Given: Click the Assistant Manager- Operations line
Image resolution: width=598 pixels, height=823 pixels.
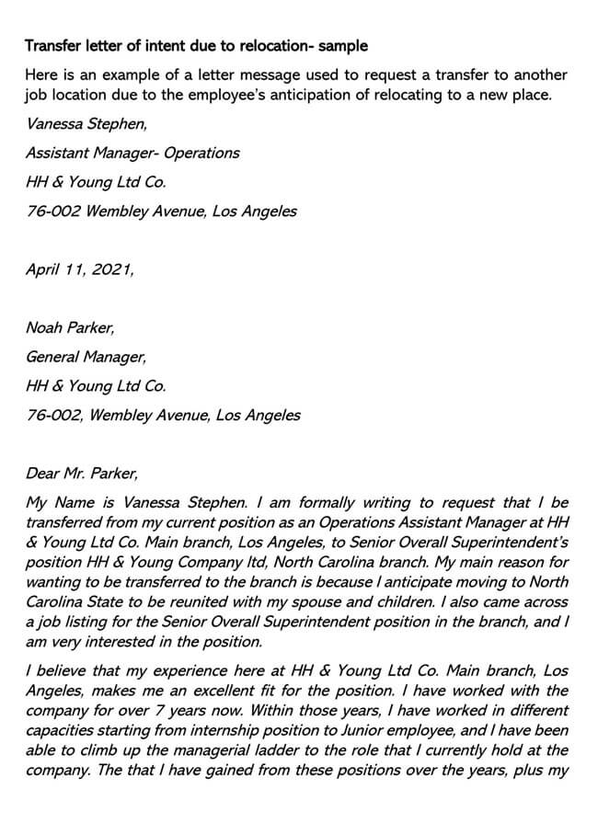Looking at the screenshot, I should (132, 153).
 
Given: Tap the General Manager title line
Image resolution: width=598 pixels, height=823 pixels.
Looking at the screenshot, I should (86, 356).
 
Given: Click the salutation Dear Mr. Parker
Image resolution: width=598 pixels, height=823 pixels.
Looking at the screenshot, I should (82, 474).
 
